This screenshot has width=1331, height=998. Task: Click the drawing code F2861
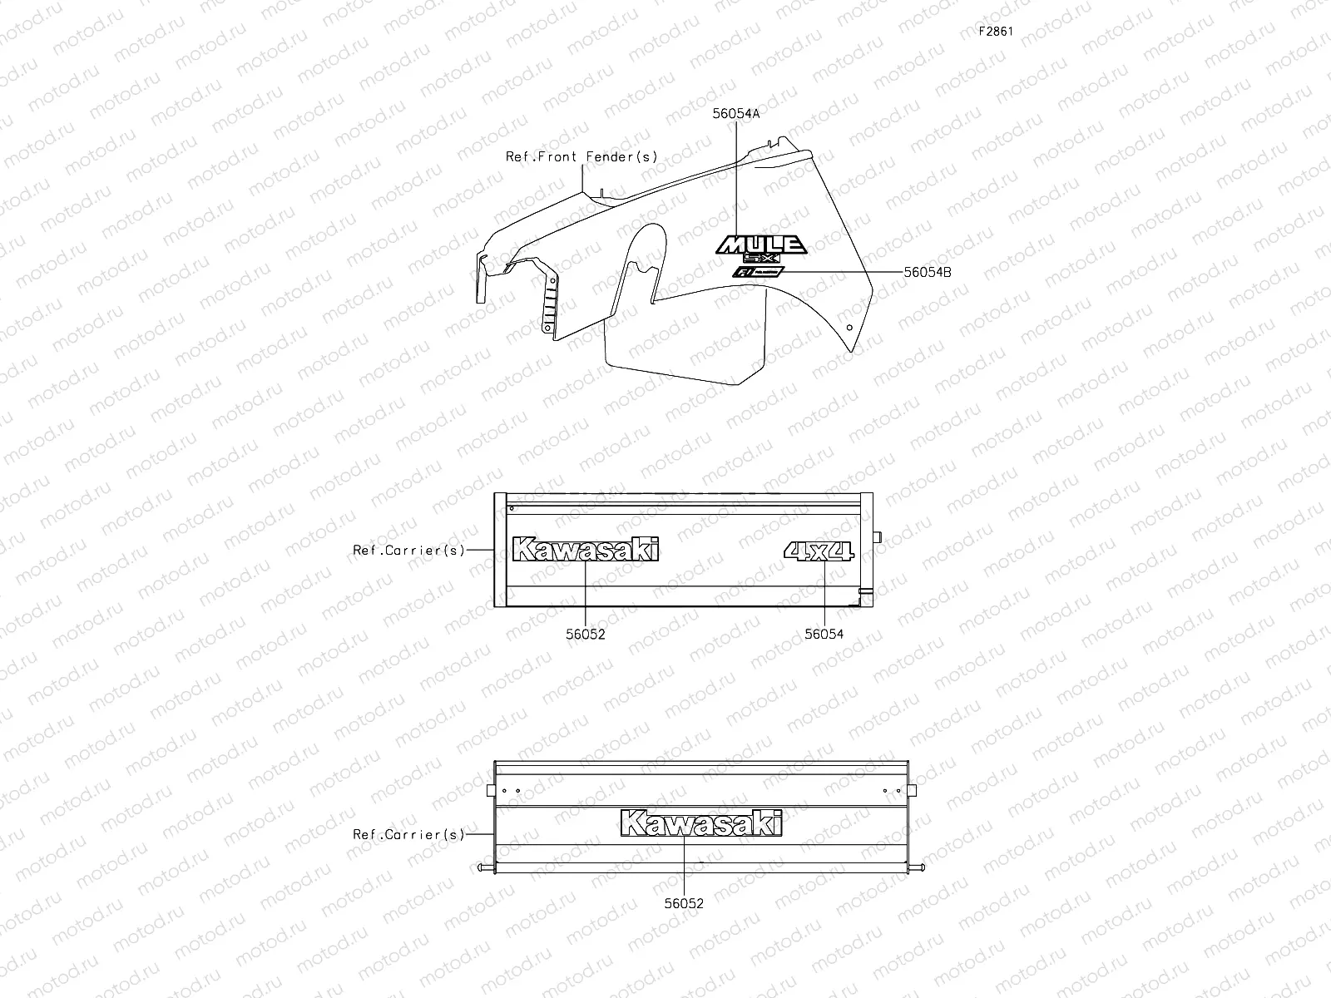point(996,32)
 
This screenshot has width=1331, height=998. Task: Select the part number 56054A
point(736,115)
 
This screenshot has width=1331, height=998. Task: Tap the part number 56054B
point(928,271)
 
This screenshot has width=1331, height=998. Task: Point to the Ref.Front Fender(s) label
point(581,156)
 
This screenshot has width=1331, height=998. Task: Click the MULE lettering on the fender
point(761,244)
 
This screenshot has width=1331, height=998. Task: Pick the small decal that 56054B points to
point(758,272)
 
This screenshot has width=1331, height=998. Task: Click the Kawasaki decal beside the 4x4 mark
point(586,550)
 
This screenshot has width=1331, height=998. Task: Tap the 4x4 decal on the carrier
point(819,551)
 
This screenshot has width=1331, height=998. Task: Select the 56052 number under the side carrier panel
point(586,634)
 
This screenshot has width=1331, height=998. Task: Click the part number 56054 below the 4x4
point(824,634)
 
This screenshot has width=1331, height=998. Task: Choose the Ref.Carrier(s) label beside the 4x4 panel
point(408,550)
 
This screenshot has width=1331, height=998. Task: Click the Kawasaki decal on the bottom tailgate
point(701,823)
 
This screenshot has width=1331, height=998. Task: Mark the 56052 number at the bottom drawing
point(684,903)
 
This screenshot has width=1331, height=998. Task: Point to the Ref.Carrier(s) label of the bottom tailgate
point(408,834)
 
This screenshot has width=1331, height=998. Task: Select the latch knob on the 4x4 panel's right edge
point(876,538)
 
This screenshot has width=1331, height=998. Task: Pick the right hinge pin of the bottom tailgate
point(917,869)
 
